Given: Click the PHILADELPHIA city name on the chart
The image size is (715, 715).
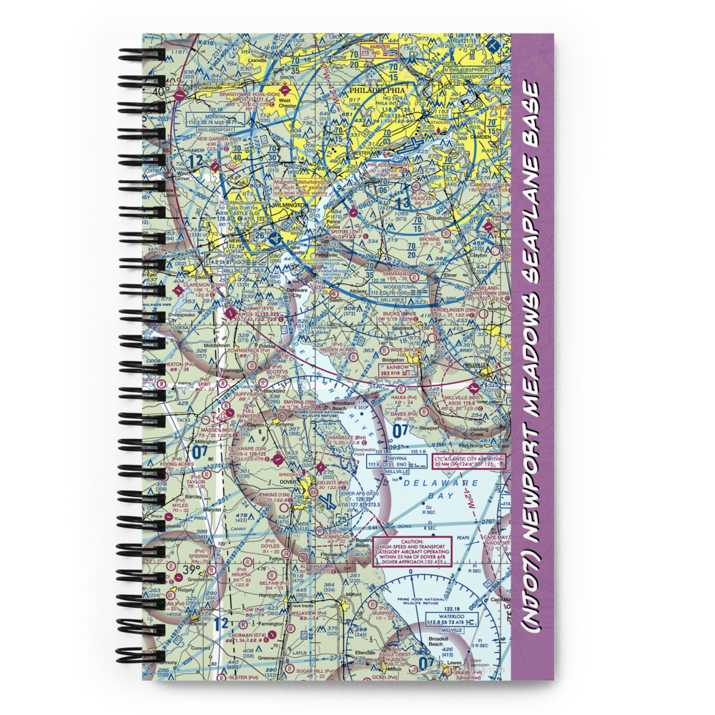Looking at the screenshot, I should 376,91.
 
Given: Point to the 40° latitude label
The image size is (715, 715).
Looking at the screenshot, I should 159,92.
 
